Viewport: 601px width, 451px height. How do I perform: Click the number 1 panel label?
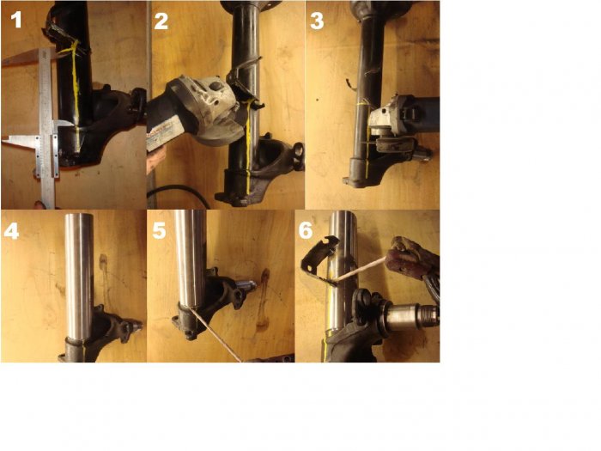pyautogui.click(x=16, y=20)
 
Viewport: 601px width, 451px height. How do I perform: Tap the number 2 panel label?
pyautogui.click(x=161, y=21)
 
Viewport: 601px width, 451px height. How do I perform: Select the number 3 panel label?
pyautogui.click(x=317, y=21)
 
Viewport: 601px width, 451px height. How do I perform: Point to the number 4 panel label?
pyautogui.click(x=11, y=231)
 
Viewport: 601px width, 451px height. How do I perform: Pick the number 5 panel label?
pyautogui.click(x=159, y=230)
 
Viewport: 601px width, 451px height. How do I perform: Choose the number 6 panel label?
pyautogui.click(x=306, y=230)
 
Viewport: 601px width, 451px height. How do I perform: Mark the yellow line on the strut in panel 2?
pyautogui.click(x=248, y=149)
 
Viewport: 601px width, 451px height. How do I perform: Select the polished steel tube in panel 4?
pyautogui.click(x=79, y=276)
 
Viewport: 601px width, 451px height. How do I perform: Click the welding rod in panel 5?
pyautogui.click(x=216, y=334)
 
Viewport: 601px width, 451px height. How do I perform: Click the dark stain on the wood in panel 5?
pyautogui.click(x=264, y=299)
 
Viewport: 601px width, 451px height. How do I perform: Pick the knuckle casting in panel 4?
pyautogui.click(x=111, y=330)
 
